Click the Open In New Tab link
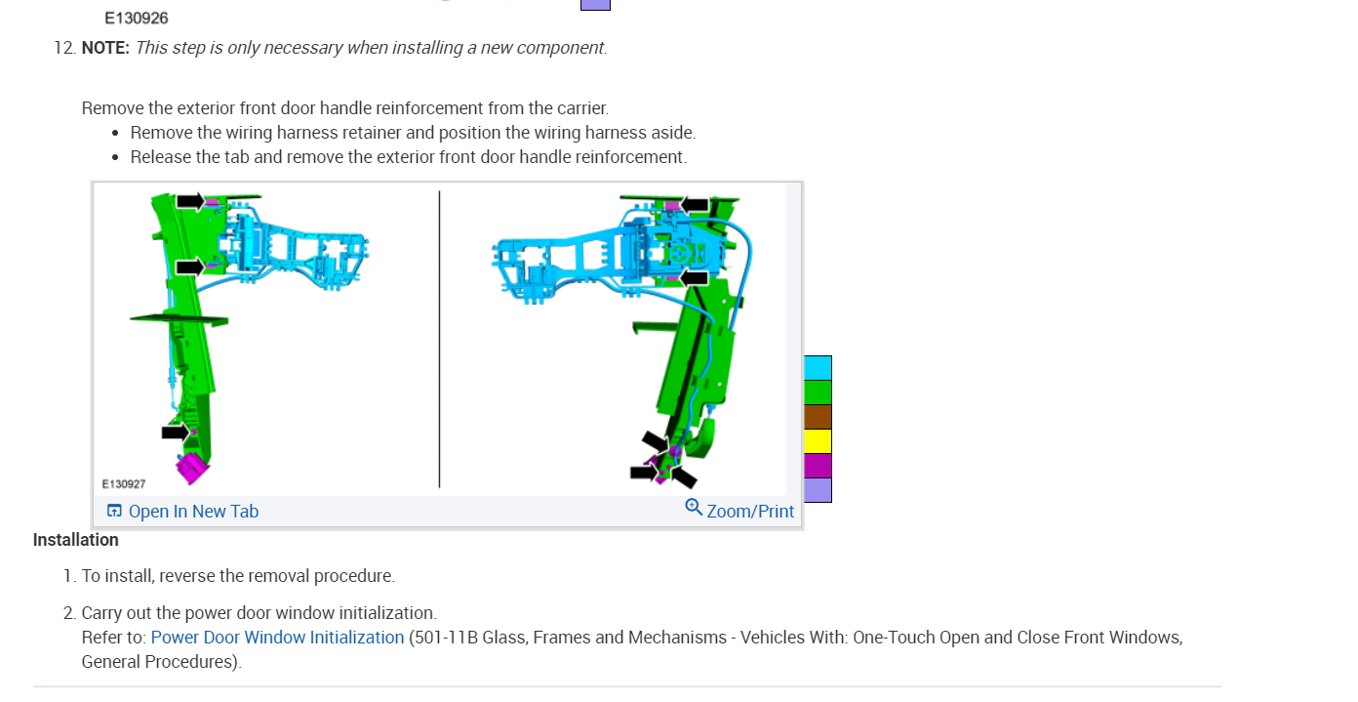coord(193,512)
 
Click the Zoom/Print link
coord(750,512)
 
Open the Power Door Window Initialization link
coord(277,638)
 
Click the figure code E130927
coord(124,484)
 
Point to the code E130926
coord(137,19)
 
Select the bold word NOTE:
coord(105,48)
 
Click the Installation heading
coord(76,540)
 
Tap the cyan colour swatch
coord(818,368)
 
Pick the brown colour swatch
coord(818,417)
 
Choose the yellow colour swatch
coord(818,441)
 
